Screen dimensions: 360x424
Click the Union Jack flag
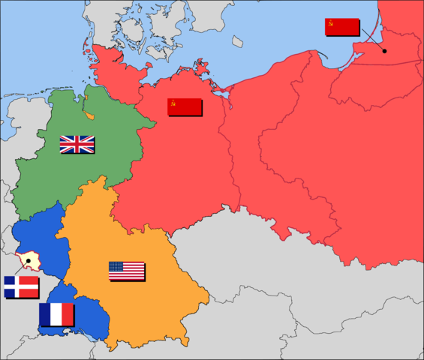77,144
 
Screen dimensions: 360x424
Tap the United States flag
126,271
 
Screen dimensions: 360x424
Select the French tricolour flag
56,314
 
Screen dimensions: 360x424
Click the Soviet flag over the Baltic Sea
341,26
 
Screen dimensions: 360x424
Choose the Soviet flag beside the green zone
184,106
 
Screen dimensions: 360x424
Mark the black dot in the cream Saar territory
29,260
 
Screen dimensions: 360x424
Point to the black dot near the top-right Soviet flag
383,51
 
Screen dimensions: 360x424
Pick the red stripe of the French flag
68,314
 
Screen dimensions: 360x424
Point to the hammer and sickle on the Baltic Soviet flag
330,22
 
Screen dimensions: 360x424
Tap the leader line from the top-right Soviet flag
371,42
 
